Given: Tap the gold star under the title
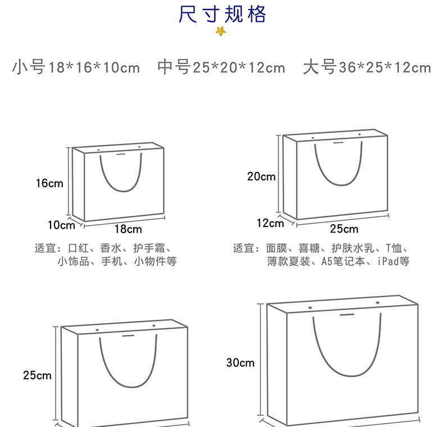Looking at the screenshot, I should [x=221, y=31].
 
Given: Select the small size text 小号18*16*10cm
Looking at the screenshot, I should [x=76, y=68].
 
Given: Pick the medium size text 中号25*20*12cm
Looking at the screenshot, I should [x=221, y=68].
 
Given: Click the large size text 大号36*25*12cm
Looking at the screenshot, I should [x=366, y=68].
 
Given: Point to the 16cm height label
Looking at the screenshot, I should [x=49, y=183].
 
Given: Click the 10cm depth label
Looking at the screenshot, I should [x=61, y=225].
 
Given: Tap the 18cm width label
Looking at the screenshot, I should [x=128, y=229].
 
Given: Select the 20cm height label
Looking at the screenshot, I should [x=261, y=176].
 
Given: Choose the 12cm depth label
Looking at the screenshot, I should [x=270, y=223].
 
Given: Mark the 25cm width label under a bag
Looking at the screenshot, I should [x=344, y=229].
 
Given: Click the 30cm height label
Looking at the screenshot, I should [x=240, y=363].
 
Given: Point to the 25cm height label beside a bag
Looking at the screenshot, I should [x=37, y=375].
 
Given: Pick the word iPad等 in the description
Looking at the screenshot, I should [x=393, y=261].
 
